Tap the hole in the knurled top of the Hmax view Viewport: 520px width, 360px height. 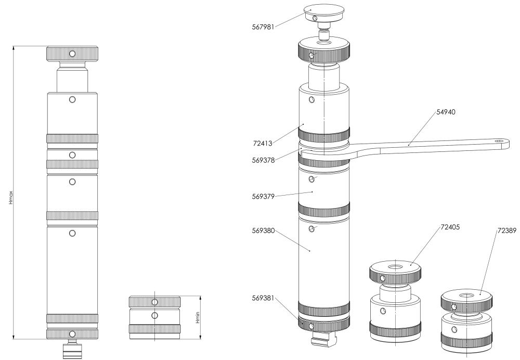[72, 54]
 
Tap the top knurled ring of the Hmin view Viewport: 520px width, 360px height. [155, 302]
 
